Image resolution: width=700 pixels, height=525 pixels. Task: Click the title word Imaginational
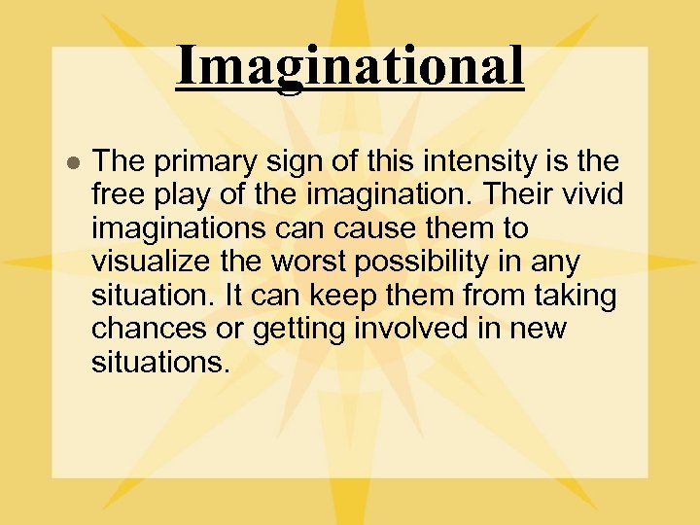350,65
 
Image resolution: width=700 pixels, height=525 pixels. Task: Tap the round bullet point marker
71,161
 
